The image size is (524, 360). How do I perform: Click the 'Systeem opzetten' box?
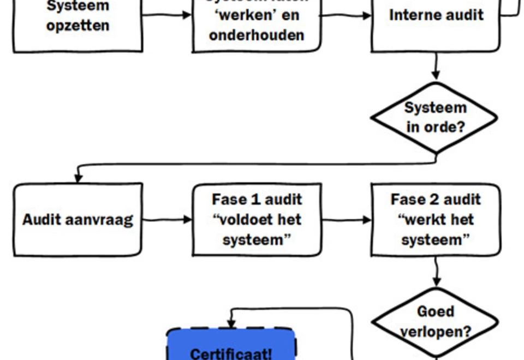click(78, 22)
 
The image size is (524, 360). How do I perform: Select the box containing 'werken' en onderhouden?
click(257, 25)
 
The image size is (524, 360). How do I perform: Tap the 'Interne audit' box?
click(436, 22)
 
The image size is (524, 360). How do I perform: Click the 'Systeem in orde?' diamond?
click(435, 117)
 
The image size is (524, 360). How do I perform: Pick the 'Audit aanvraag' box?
click(78, 220)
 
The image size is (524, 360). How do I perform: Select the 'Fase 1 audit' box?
click(257, 220)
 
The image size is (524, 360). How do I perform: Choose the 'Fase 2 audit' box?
click(436, 220)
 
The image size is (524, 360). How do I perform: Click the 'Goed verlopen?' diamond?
click(435, 322)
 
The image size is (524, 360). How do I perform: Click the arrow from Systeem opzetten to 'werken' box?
click(167, 15)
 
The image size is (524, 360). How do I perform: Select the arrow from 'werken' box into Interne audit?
click(346, 16)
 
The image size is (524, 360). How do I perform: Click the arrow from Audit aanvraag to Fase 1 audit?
click(167, 220)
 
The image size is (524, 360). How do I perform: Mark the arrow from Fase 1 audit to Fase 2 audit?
click(346, 220)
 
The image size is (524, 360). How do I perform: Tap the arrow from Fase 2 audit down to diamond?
click(436, 272)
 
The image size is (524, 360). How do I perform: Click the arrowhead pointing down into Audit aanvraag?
click(78, 178)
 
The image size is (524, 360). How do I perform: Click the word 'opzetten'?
click(78, 26)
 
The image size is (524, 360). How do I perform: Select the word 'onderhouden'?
click(257, 36)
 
